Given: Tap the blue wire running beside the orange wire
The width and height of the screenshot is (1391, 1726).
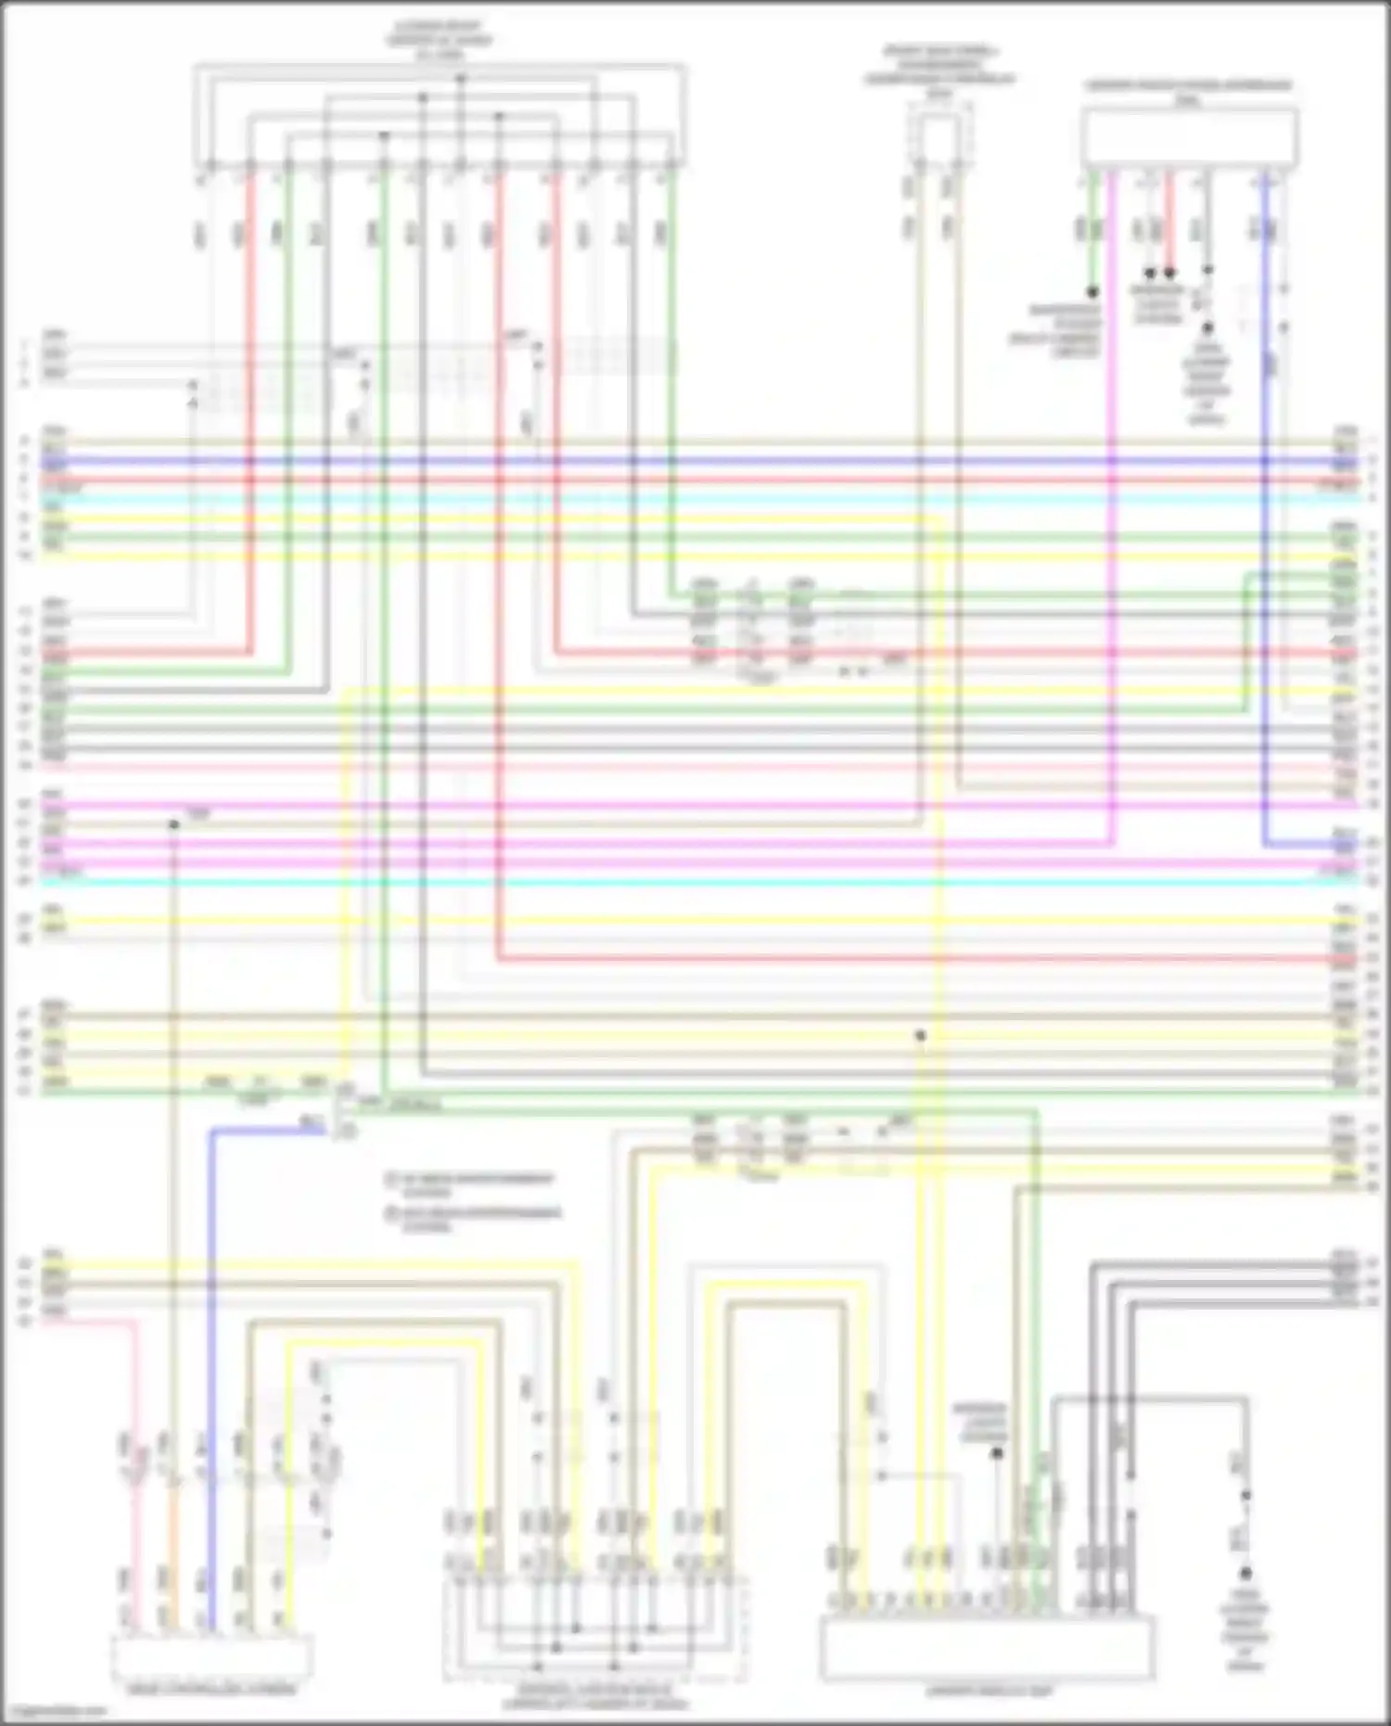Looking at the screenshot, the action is pos(211,1391).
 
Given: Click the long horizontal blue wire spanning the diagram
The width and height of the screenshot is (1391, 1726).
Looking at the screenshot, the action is pos(695,460).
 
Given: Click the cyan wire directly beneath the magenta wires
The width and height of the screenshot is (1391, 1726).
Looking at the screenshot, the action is pos(695,882).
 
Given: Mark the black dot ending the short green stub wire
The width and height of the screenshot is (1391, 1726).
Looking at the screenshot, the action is pos(1093,292).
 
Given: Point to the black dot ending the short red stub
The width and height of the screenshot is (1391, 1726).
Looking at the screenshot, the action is pos(1169,274).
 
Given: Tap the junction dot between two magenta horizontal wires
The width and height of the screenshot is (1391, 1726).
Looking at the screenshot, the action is pos(173,824).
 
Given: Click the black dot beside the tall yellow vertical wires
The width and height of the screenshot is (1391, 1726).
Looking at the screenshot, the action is pos(921,1035).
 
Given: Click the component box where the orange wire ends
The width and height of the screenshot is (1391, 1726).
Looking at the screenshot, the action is pos(211,1657).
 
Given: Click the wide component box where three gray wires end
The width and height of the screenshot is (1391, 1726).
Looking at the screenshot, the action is pos(987,1648).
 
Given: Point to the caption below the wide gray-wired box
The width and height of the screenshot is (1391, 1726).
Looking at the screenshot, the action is pos(989,1692).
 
